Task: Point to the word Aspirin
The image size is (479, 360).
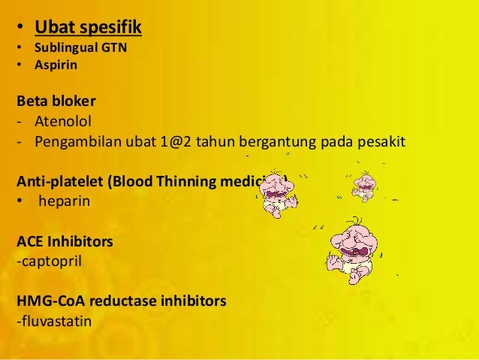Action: (x=55, y=65)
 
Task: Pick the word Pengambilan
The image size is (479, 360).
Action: (x=73, y=140)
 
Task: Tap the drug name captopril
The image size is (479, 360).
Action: (x=48, y=262)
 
